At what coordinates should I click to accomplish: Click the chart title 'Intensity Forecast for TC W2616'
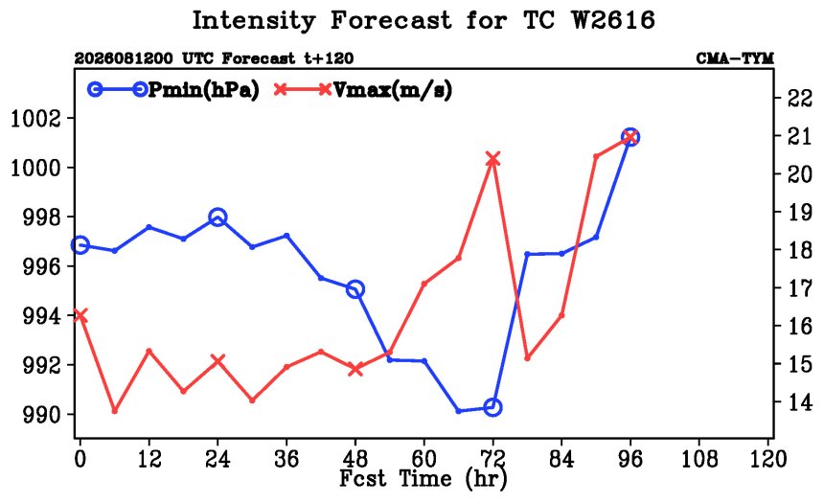pos(423,20)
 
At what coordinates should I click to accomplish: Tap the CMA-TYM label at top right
pos(735,57)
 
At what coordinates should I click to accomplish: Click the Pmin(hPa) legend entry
pos(174,90)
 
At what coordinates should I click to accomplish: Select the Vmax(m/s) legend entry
pos(363,90)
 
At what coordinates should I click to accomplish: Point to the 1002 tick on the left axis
pos(35,118)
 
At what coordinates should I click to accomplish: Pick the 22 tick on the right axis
pos(799,99)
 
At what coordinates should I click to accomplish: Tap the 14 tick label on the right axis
pos(799,402)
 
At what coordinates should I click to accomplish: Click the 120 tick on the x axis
pos(767,459)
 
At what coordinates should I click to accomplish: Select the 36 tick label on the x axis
pos(286,459)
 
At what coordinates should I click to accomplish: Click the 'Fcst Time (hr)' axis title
pos(423,478)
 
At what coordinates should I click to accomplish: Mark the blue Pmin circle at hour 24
pos(217,217)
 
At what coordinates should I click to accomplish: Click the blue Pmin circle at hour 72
pos(492,407)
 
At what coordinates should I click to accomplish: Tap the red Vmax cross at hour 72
pos(492,159)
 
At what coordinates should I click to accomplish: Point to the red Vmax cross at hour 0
pos(80,315)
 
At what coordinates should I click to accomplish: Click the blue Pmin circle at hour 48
pos(355,289)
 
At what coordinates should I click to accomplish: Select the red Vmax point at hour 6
pos(115,410)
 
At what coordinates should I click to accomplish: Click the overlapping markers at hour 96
pos(630,137)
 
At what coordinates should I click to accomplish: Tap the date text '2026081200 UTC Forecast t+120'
pos(214,57)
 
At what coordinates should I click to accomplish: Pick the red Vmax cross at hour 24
pos(217,360)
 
